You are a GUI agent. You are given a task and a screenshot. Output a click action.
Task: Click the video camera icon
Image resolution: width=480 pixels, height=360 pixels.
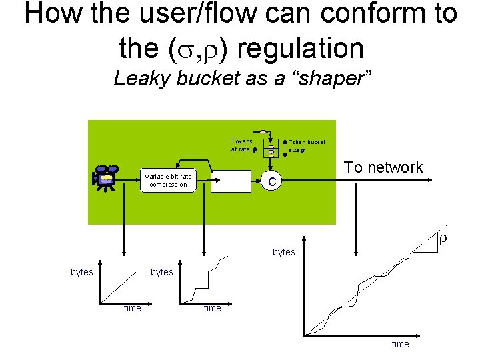[105, 176]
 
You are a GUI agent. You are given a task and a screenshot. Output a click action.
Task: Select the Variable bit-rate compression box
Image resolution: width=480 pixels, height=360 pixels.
[169, 181]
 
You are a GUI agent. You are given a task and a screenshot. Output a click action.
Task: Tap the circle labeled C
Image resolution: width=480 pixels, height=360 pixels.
[271, 181]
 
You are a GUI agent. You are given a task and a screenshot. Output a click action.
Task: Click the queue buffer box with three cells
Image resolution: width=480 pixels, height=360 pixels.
[231, 181]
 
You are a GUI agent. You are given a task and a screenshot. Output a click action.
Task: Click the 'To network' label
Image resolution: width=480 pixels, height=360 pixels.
[383, 167]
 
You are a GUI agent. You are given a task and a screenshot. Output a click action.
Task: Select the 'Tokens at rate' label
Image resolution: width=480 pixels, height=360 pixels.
[242, 145]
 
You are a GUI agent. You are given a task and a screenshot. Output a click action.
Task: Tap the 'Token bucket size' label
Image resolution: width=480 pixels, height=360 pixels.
[306, 146]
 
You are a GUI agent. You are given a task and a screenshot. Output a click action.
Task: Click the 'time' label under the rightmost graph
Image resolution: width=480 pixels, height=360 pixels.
[400, 344]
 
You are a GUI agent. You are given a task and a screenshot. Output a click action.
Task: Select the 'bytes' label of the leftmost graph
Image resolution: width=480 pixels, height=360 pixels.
[82, 272]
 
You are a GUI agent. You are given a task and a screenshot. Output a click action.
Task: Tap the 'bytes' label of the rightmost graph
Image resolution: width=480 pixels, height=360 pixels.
[283, 252]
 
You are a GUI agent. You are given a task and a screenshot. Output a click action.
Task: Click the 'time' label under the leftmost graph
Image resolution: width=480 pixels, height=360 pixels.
[132, 308]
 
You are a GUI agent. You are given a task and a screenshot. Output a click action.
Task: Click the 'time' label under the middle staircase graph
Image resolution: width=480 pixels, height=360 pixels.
[212, 308]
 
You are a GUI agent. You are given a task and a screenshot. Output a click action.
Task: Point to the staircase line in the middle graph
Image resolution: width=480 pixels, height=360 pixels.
[209, 277]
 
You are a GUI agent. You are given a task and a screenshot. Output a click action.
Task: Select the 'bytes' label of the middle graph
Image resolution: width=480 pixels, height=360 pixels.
[162, 272]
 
